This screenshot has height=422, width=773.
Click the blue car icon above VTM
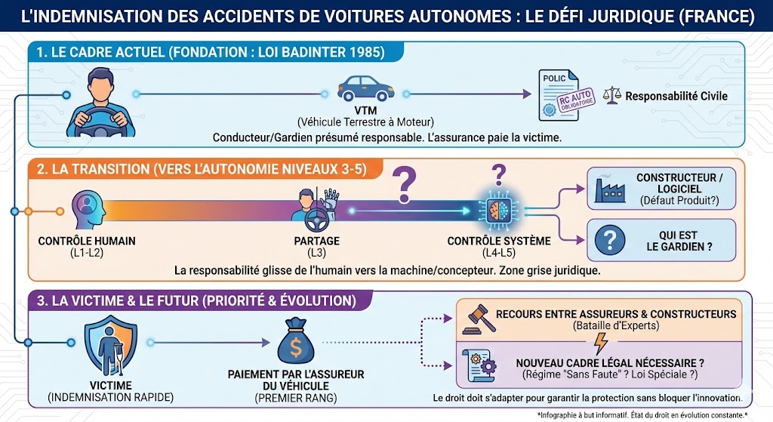pyautogui.click(x=365, y=89)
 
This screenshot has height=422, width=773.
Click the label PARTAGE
pyautogui.click(x=316, y=241)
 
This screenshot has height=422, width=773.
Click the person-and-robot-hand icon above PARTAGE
pyautogui.click(x=316, y=209)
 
